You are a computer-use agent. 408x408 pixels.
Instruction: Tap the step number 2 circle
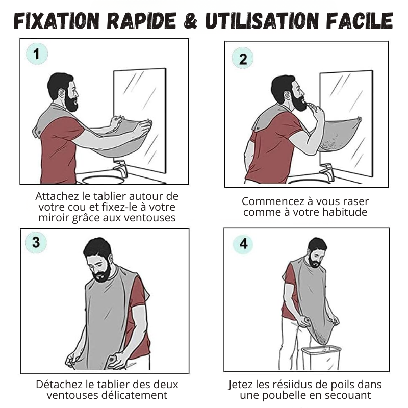click(x=243, y=59)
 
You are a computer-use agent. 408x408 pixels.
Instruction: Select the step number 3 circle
click(x=36, y=242)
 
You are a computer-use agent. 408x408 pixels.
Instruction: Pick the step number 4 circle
click(x=243, y=244)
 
